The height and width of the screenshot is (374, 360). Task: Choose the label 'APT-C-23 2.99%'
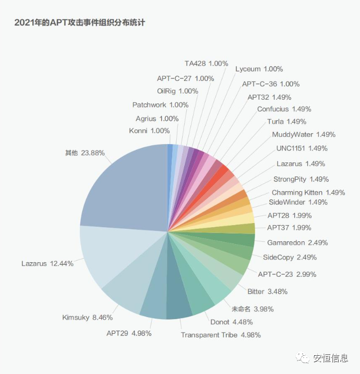pyautogui.click(x=287, y=274)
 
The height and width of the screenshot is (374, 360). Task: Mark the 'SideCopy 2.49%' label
pyautogui.click(x=290, y=258)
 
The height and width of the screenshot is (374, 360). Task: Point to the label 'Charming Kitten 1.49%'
pyautogui.click(x=308, y=193)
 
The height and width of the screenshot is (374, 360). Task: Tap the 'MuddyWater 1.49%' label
pyautogui.click(x=304, y=134)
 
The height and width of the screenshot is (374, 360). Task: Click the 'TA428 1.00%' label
pyautogui.click(x=206, y=63)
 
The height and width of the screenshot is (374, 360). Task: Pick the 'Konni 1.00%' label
pyautogui.click(x=149, y=131)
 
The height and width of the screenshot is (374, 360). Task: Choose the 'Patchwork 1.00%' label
pyautogui.click(x=160, y=105)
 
